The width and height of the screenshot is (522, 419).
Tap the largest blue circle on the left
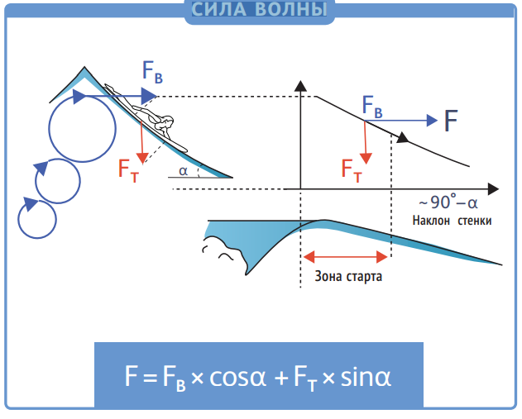pos(82,127)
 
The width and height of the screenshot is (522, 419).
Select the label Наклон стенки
pos(452,221)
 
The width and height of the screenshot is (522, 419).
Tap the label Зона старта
pos(347,277)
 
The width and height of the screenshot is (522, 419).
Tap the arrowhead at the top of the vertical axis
pos(301,83)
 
